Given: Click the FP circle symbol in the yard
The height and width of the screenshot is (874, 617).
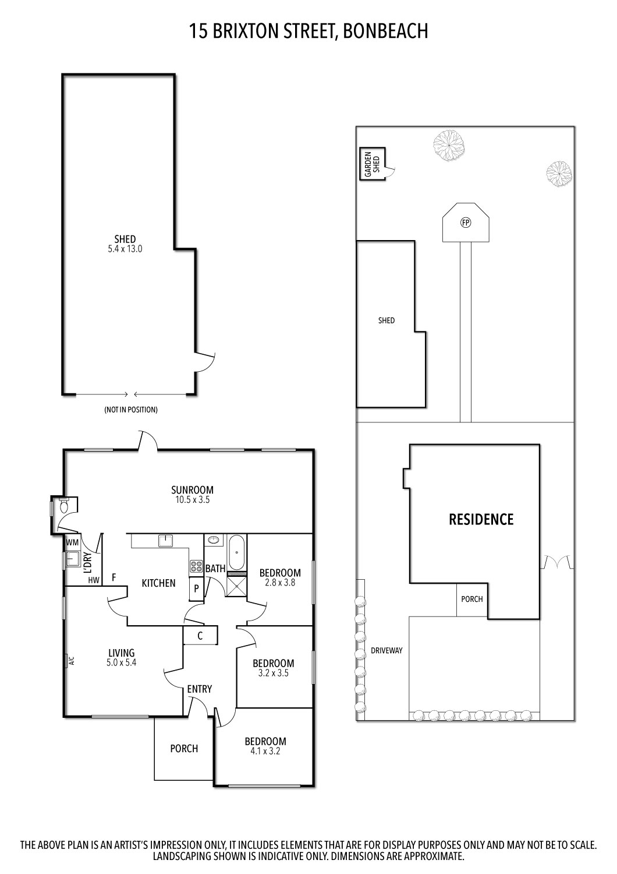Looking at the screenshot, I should click(465, 222).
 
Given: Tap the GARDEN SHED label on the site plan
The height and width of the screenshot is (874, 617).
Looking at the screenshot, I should click(372, 164).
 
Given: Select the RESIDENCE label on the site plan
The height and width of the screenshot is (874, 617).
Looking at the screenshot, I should click(481, 519).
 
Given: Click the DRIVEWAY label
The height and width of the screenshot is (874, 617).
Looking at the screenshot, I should click(387, 651).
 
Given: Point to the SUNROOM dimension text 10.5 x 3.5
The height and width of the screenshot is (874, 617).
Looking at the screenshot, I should click(192, 500).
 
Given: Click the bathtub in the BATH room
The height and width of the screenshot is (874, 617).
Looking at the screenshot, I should click(237, 552).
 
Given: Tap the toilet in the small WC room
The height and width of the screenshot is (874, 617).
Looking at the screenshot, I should click(65, 506).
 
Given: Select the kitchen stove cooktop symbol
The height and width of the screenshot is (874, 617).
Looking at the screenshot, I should click(195, 566).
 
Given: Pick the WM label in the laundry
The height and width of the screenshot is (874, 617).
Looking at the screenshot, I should click(72, 542).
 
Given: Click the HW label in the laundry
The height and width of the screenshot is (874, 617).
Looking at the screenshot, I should click(93, 580).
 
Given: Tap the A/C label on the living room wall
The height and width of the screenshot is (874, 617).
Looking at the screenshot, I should click(72, 661).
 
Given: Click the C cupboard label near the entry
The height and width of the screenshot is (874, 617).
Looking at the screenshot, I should click(200, 636).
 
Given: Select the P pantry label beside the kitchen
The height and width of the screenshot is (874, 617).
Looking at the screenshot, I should click(196, 589).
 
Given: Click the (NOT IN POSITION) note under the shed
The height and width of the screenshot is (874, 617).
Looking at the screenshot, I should click(131, 410).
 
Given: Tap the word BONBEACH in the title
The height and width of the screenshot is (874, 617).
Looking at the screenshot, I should click(385, 31).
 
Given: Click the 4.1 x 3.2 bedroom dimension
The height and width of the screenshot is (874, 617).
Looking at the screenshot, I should click(265, 751).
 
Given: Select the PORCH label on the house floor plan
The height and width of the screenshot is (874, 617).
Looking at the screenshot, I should click(184, 749).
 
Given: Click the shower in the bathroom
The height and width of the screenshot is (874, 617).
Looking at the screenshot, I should click(237, 586).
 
